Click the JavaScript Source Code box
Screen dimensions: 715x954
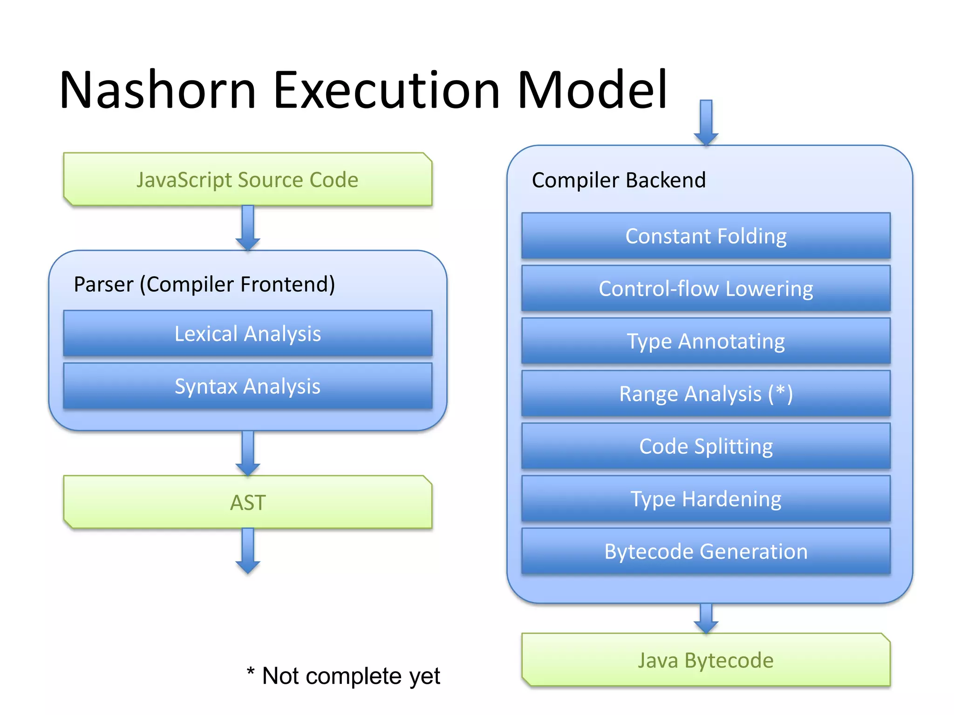[x=247, y=180]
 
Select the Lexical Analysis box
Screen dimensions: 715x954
[x=247, y=333]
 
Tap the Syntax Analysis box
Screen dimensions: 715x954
[x=247, y=386]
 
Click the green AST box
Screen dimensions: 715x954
[x=247, y=502]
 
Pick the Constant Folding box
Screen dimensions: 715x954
[x=706, y=236]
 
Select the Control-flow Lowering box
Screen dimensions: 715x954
[x=706, y=289]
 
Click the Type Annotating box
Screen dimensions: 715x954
[x=706, y=341]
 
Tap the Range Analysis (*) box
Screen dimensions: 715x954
[x=706, y=394]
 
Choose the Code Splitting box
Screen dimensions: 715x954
[x=706, y=446]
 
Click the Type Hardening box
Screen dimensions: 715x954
[x=706, y=499]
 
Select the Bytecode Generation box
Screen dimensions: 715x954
[x=706, y=552]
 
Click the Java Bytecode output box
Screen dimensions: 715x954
[x=706, y=660]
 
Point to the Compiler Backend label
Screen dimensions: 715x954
[x=619, y=180]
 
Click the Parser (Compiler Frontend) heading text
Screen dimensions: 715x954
[x=204, y=284]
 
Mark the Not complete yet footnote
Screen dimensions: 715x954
[x=344, y=675]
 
